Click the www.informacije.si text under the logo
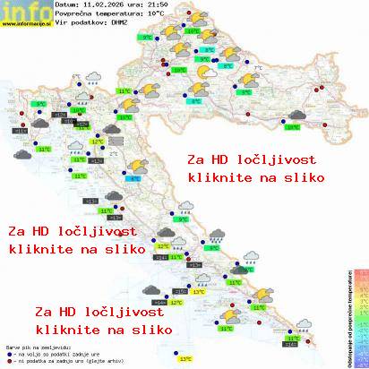point(27,24)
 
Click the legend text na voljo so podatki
point(45,351)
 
